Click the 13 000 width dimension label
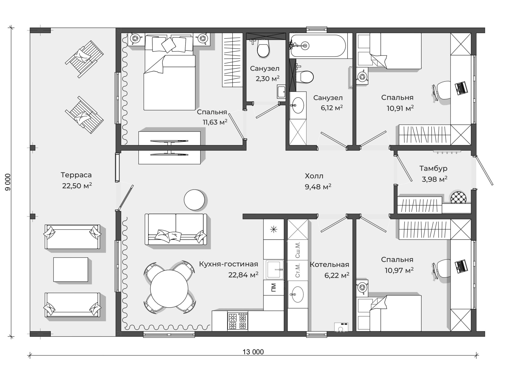point(253,352)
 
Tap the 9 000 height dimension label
point(8,182)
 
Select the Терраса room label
point(76,175)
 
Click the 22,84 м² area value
point(243,275)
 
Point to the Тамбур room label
point(433,168)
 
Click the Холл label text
point(314,176)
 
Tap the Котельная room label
point(329,265)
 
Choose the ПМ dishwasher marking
point(274,288)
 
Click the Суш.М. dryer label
point(297,250)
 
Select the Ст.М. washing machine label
point(297,270)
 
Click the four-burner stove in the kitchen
point(238,321)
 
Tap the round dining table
point(169,289)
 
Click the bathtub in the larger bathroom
point(318,46)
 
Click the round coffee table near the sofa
point(194,200)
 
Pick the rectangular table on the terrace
point(71,270)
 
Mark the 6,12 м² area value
point(332,108)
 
